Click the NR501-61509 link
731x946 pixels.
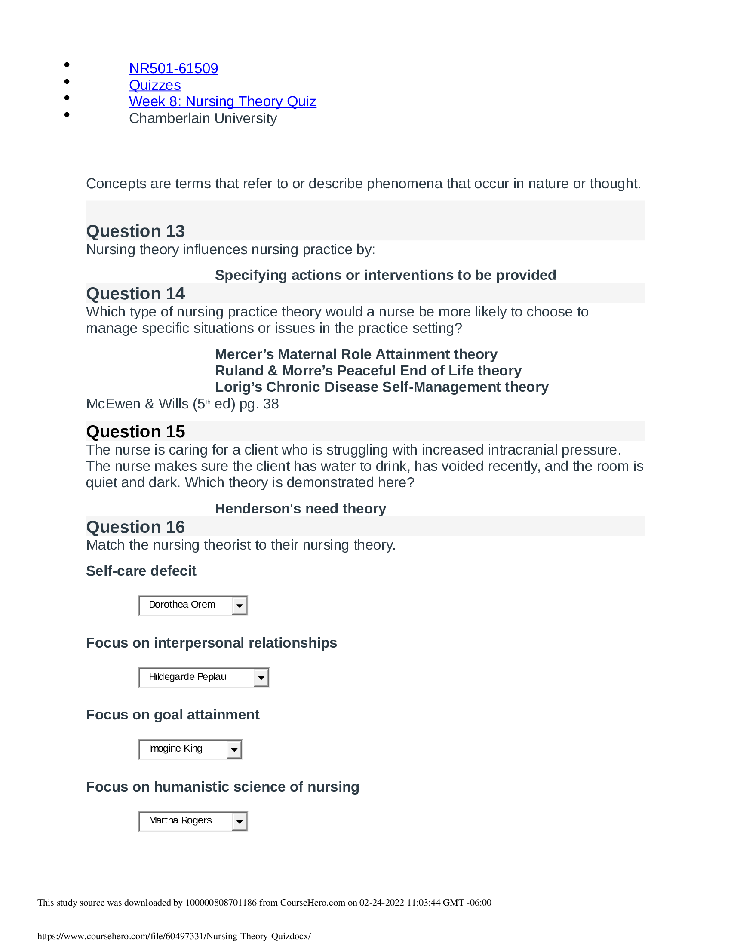click(173, 68)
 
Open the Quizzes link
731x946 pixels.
click(155, 85)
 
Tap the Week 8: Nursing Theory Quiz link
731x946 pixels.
click(222, 101)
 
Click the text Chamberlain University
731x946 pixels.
click(203, 118)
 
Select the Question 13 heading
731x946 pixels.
click(135, 231)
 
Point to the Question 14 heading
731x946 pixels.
click(135, 294)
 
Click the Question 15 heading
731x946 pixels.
click(135, 432)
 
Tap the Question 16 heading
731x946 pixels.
click(135, 527)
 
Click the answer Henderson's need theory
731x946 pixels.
click(300, 509)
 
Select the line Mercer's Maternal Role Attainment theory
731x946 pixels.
click(356, 354)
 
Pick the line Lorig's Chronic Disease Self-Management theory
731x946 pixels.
click(381, 387)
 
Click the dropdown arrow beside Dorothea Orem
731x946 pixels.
click(239, 605)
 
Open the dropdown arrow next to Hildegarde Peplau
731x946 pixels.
click(261, 678)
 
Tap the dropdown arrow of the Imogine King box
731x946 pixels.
click(234, 750)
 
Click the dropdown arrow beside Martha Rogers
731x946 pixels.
click(239, 822)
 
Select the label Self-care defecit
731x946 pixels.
click(141, 571)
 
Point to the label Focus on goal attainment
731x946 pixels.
click(172, 715)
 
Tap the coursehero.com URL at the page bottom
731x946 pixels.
click(174, 936)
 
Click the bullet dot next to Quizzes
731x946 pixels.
click(67, 81)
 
